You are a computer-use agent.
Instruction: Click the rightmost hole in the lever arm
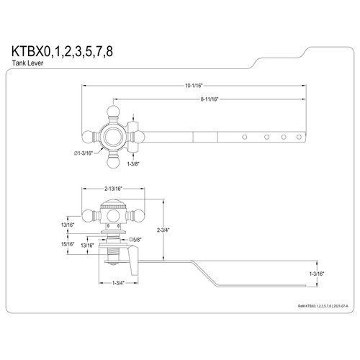pos(296,136)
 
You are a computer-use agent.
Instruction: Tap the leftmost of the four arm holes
pos(245,136)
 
